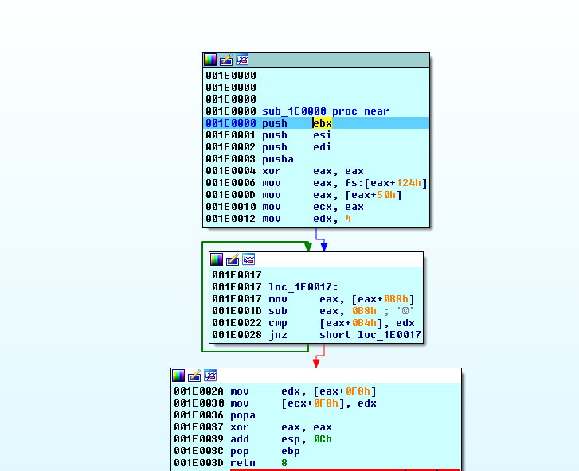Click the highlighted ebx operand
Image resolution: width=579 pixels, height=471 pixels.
[323, 123]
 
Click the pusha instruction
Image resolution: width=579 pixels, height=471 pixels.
[278, 159]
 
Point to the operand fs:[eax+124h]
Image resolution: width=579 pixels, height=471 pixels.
[370, 183]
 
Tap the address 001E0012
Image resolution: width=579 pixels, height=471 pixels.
[231, 219]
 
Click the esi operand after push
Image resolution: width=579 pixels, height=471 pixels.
[323, 135]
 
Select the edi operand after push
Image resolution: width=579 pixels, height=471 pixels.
[323, 147]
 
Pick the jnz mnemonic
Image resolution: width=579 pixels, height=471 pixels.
[278, 335]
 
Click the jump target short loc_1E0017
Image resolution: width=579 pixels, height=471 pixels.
[370, 335]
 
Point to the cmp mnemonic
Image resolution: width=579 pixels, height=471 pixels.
[278, 323]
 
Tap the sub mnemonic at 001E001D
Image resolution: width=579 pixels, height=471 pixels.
[278, 311]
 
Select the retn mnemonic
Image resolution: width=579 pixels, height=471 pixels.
[243, 463]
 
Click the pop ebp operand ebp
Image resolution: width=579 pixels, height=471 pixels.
[291, 451]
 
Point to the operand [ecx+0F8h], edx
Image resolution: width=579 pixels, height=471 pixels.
[329, 403]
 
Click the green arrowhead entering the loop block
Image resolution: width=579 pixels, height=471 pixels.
[308, 247]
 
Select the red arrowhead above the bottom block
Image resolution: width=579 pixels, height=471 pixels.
[316, 363]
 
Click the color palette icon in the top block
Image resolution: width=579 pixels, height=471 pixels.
[210, 60]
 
